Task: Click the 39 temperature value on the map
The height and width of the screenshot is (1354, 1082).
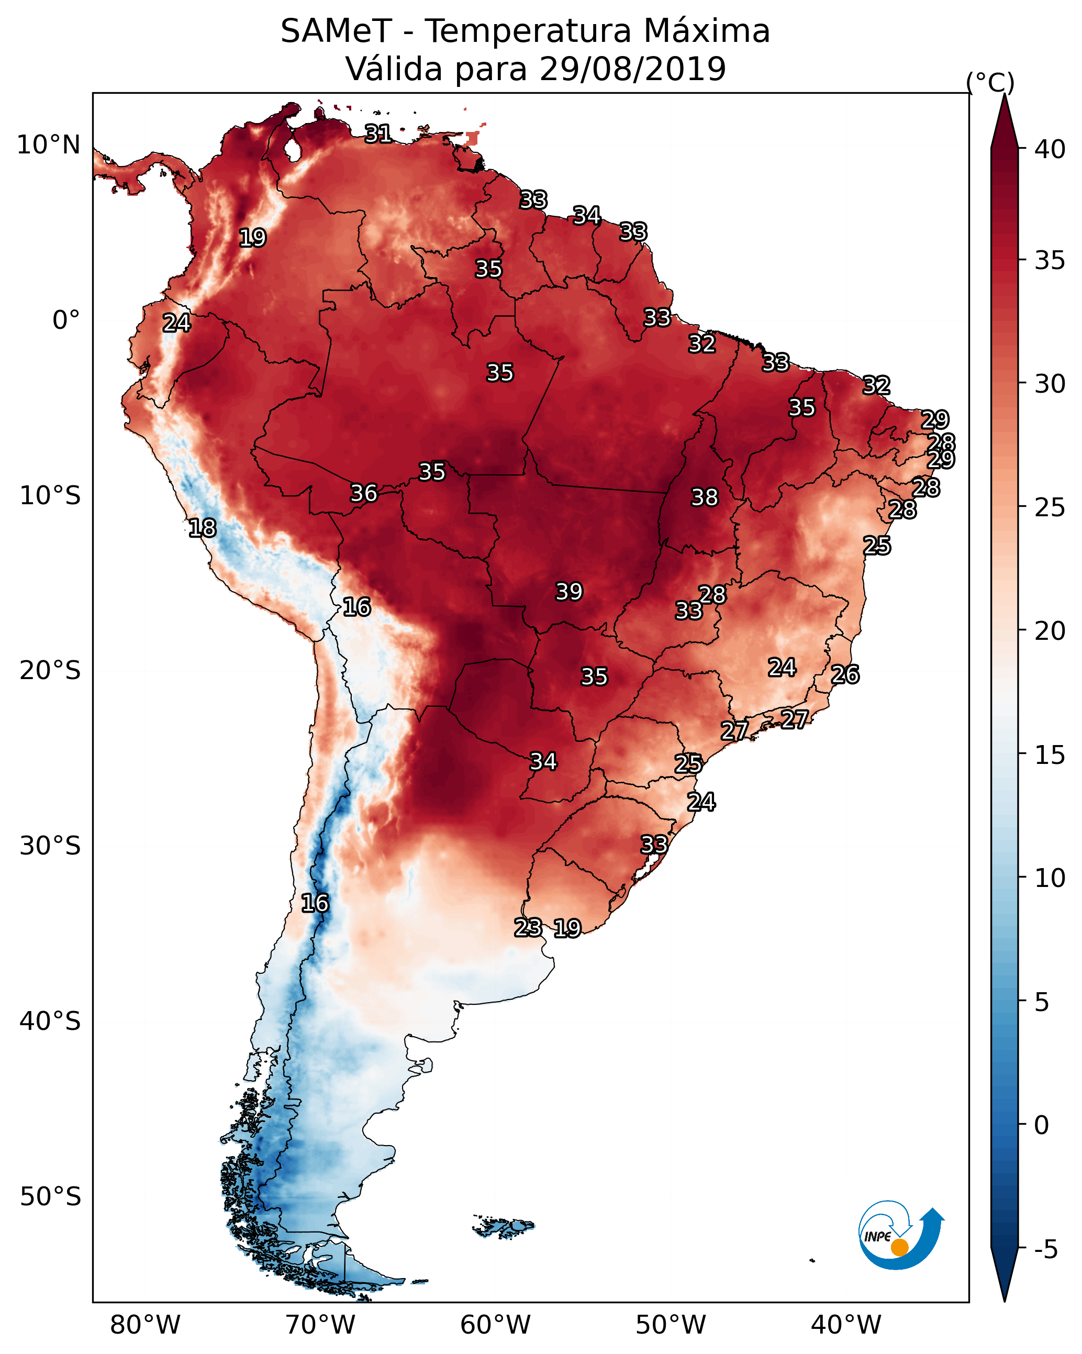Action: tap(569, 592)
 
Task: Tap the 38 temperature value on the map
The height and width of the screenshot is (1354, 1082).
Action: tap(704, 497)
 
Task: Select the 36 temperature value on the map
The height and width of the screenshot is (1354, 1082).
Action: tap(364, 493)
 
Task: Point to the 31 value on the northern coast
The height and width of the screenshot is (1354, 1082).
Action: tap(378, 134)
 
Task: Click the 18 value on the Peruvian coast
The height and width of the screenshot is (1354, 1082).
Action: tap(202, 528)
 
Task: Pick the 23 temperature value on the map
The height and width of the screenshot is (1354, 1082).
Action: tap(528, 928)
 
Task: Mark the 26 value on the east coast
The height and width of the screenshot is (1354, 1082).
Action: tap(845, 674)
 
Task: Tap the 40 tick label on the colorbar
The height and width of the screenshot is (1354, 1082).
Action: tap(1050, 149)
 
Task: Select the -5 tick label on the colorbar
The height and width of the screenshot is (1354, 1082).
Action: tap(1045, 1250)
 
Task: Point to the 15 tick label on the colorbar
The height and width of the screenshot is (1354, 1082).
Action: tap(1050, 755)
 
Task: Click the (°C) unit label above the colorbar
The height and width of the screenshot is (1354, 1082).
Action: tap(990, 82)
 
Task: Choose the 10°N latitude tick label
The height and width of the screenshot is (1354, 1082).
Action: tap(48, 145)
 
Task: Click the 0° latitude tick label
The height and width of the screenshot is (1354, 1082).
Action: tap(66, 320)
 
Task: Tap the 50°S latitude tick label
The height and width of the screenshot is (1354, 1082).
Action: tap(50, 1197)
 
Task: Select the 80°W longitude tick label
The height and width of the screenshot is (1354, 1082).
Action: tap(145, 1325)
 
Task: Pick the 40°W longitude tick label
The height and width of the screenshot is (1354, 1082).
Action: tap(846, 1325)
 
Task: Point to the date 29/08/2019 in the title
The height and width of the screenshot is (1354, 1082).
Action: tap(632, 69)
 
